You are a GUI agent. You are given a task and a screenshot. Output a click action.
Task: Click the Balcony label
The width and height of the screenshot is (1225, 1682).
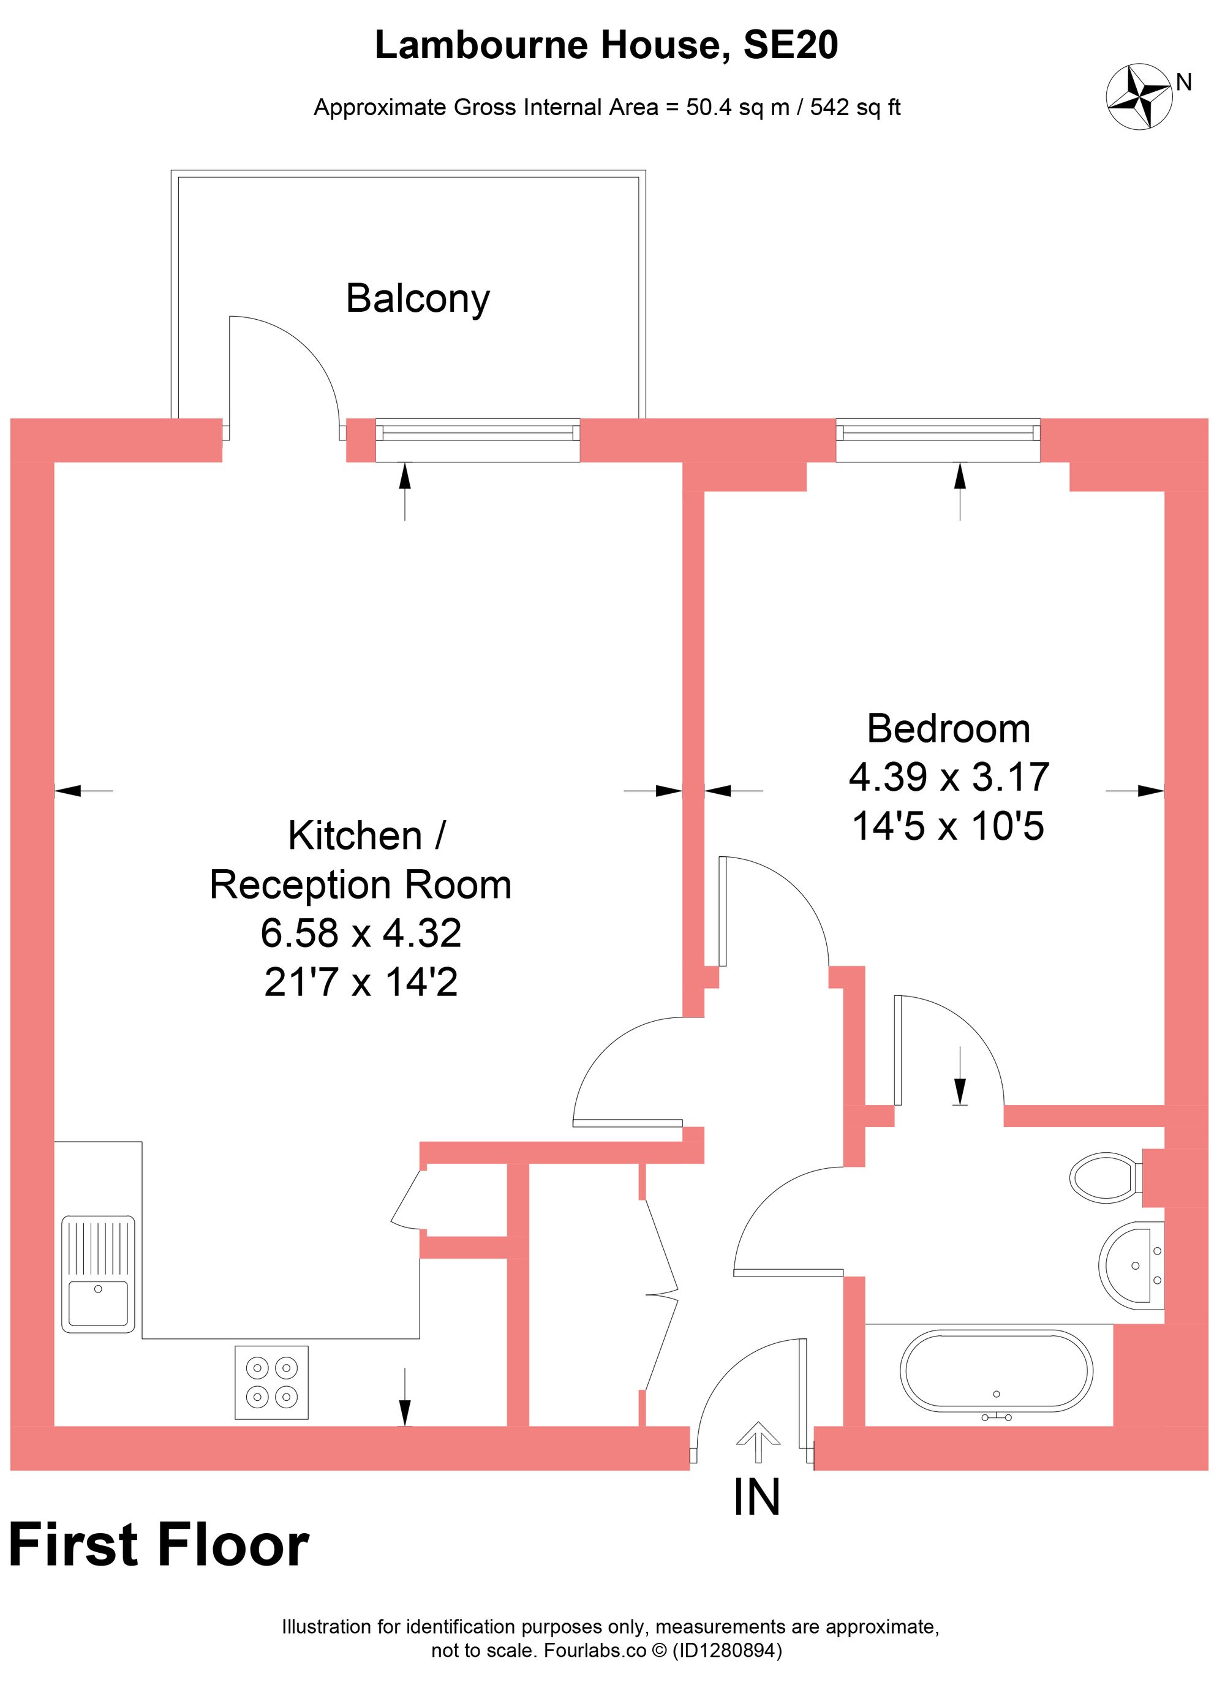(x=418, y=299)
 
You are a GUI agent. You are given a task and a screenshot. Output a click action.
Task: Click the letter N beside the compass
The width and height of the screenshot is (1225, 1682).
(x=1183, y=82)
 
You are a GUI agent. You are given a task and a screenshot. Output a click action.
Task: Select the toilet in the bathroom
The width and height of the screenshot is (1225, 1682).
(x=1105, y=1176)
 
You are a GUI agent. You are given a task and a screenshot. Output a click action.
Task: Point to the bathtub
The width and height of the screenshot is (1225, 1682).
(x=996, y=1370)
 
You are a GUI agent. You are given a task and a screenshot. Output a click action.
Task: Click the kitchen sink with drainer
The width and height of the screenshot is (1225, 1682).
(x=98, y=1273)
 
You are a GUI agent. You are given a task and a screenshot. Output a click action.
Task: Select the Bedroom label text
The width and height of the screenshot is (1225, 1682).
(x=948, y=729)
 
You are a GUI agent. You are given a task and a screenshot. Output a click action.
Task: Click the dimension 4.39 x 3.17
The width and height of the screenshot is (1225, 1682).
(x=948, y=777)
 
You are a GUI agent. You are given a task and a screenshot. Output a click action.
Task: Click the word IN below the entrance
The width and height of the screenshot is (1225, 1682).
(x=756, y=1498)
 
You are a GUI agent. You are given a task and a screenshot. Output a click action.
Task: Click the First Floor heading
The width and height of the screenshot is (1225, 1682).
(x=159, y=1545)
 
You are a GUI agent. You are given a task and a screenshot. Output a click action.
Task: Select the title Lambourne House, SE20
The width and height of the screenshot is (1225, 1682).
(x=606, y=45)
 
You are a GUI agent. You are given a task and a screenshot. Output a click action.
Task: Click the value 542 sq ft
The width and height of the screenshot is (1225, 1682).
(x=854, y=108)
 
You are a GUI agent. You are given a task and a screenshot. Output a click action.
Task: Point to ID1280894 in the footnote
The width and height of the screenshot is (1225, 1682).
(x=726, y=1651)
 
